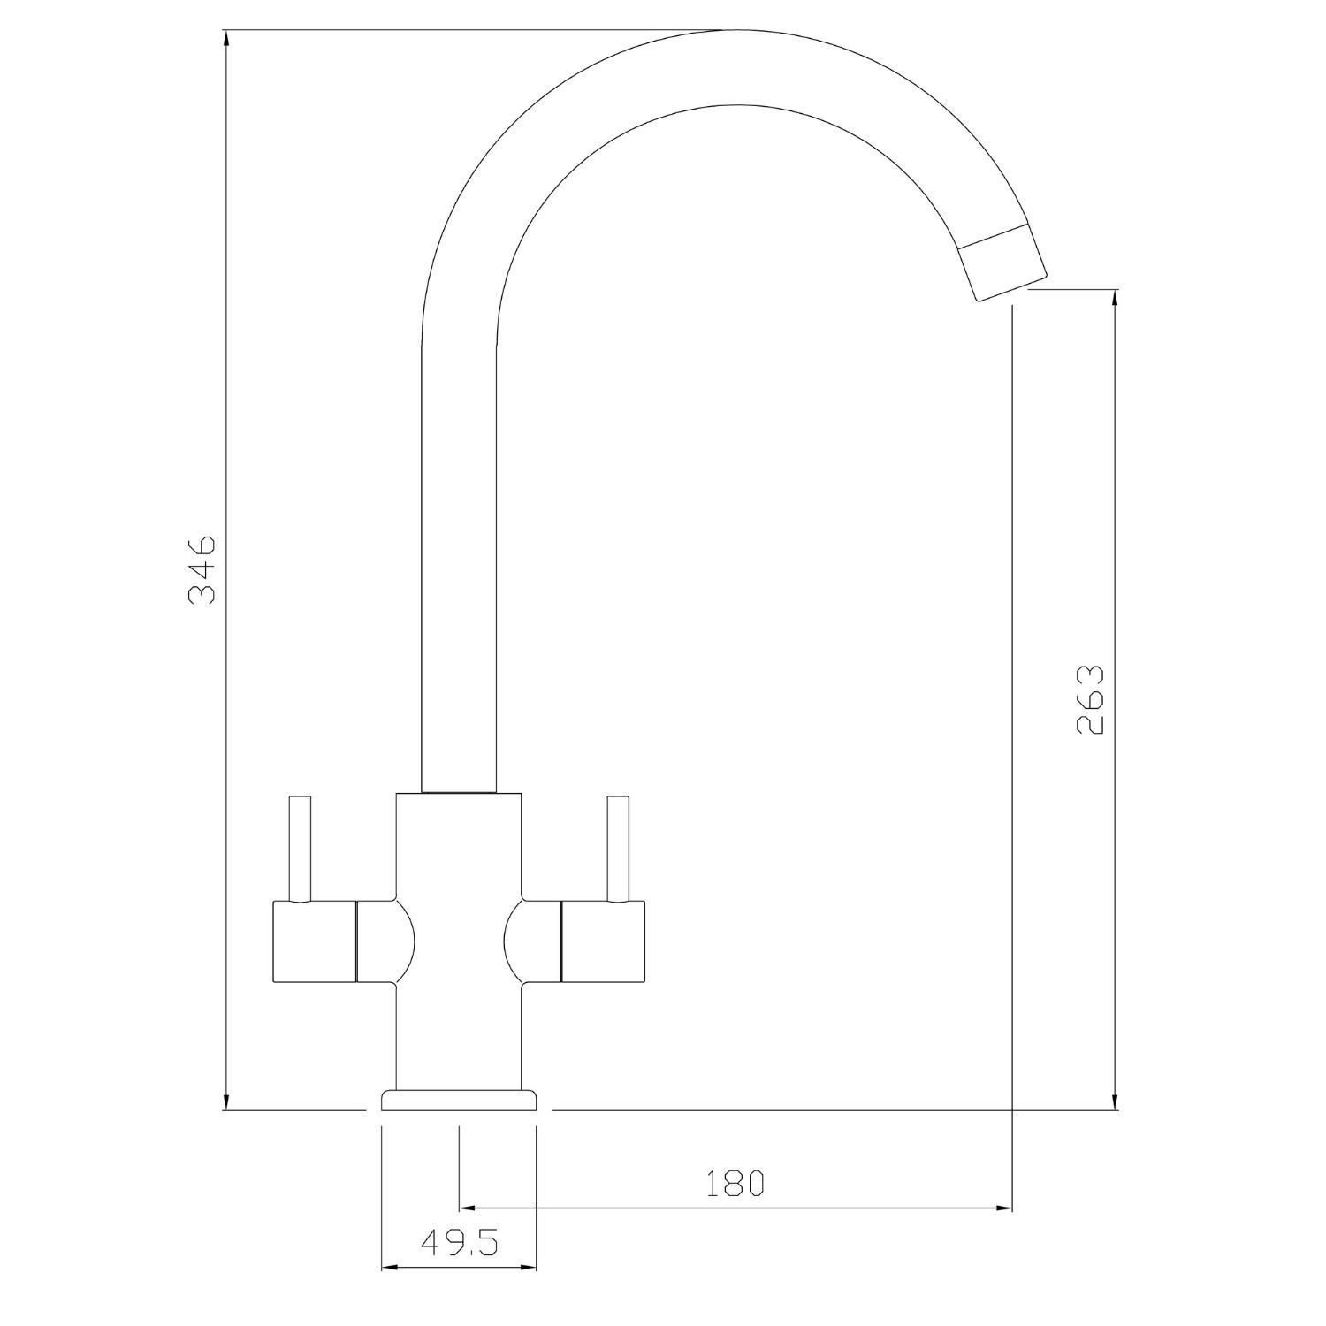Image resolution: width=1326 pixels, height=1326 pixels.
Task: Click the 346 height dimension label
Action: tap(202, 569)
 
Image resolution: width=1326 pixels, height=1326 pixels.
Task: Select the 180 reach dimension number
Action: tap(734, 1183)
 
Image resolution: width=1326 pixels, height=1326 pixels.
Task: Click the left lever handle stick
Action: tap(299, 849)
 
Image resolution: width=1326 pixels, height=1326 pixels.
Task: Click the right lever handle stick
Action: tap(617, 849)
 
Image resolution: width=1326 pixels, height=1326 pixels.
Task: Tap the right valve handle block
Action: tap(603, 943)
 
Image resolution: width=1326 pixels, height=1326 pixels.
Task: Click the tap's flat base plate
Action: tap(459, 1100)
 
